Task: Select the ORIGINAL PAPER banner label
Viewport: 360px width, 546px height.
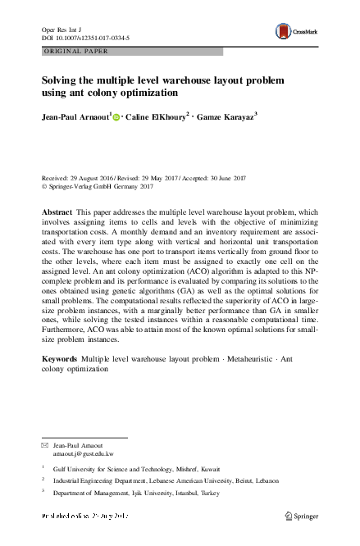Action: [x=74, y=52]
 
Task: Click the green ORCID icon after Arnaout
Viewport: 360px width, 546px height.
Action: [x=117, y=118]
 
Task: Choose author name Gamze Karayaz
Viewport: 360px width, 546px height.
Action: [x=227, y=117]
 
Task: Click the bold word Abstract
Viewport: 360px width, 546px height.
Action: [x=56, y=212]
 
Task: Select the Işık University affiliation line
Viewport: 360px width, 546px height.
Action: [x=131, y=495]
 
